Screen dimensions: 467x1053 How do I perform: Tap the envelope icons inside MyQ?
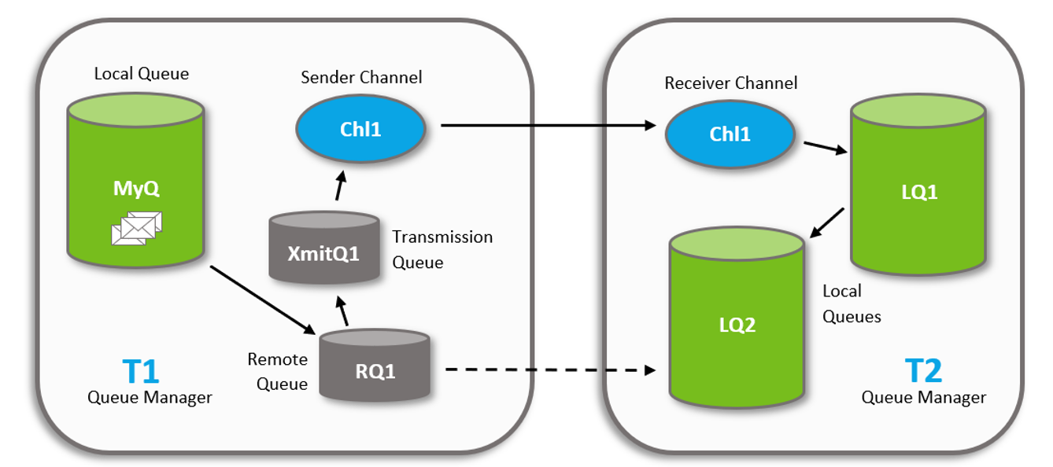[137, 227]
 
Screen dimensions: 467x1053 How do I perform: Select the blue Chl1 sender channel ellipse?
[360, 130]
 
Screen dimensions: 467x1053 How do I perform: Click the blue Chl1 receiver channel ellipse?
[730, 134]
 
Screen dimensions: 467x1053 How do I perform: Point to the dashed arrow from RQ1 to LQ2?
[550, 369]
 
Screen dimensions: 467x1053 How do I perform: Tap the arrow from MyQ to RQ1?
[263, 300]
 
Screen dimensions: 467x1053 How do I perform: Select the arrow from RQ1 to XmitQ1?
[342, 311]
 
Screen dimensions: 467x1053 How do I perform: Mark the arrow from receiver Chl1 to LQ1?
[825, 148]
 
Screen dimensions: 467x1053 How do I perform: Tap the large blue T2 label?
[922, 370]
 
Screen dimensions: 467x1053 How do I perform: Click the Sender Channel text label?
[361, 77]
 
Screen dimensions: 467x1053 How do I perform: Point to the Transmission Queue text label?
[442, 249]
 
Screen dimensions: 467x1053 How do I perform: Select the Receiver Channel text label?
[730, 83]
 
